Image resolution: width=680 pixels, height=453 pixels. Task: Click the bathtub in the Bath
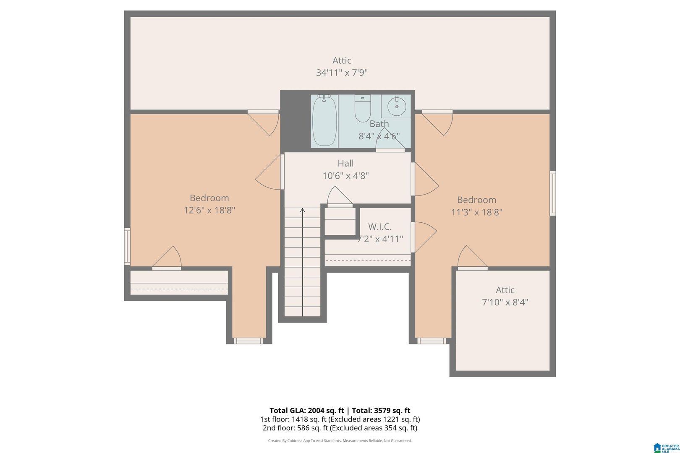click(x=324, y=121)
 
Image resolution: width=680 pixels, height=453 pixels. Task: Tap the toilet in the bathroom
click(x=363, y=108)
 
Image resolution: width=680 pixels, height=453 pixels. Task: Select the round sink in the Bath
click(x=397, y=106)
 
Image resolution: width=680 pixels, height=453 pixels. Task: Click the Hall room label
click(x=345, y=163)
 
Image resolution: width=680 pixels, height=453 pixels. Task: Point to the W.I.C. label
click(x=380, y=226)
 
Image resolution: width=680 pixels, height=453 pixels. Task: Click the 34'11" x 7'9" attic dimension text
click(x=342, y=73)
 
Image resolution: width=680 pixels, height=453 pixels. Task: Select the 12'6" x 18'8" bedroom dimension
click(x=209, y=210)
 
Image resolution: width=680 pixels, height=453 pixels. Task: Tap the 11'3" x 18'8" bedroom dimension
click(x=476, y=212)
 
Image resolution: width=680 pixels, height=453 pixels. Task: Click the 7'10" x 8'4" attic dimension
click(x=505, y=302)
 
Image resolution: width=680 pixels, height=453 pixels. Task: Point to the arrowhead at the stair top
click(x=302, y=210)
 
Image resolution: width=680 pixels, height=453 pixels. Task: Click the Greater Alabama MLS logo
click(x=666, y=448)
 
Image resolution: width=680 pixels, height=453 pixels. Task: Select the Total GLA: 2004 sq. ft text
click(x=306, y=411)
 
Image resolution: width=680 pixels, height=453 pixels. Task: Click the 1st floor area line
click(x=340, y=419)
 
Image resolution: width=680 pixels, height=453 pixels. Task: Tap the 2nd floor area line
click(x=340, y=428)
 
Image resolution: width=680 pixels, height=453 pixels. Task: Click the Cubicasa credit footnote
click(x=340, y=441)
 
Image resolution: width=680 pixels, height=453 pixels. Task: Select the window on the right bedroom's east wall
click(x=553, y=193)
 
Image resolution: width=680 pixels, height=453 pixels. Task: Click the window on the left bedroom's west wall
click(x=127, y=246)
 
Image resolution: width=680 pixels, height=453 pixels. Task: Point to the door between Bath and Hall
click(x=390, y=140)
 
